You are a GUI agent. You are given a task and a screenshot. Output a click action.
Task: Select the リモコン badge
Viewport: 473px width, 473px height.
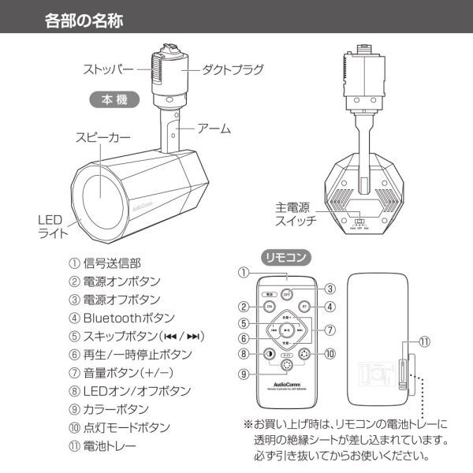pos(286,256)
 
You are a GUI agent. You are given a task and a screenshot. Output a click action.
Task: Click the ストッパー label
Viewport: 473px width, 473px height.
pos(113,68)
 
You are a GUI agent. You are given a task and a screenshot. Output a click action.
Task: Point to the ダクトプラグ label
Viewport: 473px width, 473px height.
pos(233,68)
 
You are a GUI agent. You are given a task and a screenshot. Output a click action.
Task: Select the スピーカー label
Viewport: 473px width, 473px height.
pos(103,137)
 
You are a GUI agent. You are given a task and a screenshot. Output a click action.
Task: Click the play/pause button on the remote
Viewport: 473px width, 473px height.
pos(287,330)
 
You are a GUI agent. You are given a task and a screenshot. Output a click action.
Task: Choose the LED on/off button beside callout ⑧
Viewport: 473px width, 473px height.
pos(269,353)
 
